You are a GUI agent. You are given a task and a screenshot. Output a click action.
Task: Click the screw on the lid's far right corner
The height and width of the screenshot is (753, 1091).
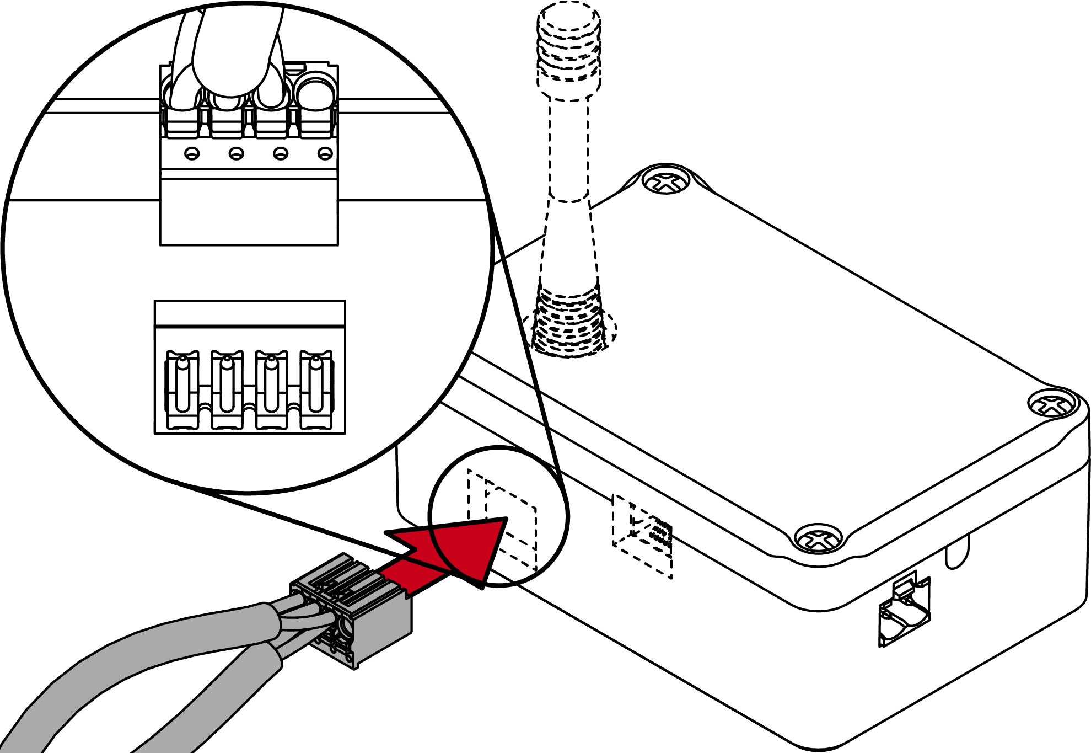coord(1053,404)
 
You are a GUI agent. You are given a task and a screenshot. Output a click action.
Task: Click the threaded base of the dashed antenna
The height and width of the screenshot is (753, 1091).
coord(569,320)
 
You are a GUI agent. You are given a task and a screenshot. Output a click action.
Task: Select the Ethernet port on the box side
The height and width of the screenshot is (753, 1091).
coord(904,612)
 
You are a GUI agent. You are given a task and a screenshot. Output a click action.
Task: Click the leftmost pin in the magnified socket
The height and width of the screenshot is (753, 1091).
coord(182,383)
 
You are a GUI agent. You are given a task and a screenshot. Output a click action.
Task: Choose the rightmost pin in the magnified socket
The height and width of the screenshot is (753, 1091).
coord(316,383)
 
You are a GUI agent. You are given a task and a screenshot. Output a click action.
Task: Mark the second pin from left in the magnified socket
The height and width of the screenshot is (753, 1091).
coord(227,383)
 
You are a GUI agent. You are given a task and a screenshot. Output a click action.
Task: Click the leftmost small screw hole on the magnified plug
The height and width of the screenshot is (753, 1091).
coord(192,153)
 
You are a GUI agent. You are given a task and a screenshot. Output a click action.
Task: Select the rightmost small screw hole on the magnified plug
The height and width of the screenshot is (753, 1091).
coord(325,153)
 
